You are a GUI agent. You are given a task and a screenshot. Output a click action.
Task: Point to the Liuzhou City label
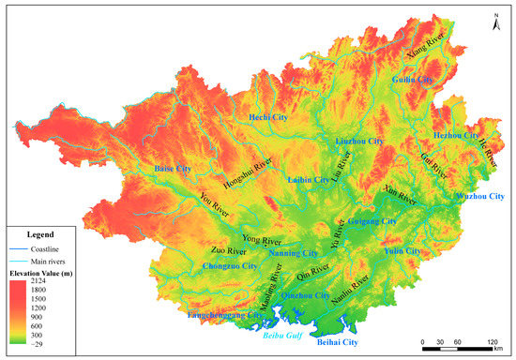360,141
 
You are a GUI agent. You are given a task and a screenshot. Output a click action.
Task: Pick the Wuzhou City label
478,196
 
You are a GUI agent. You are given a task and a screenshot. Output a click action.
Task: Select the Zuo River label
228,251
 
